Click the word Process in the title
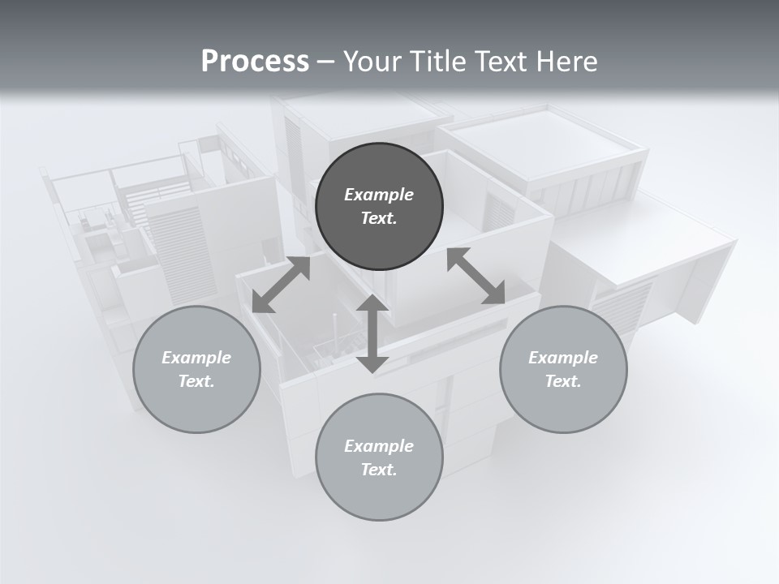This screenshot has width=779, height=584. tap(255, 62)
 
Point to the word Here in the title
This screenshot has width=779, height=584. tap(567, 62)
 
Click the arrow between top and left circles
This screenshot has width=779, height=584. tap(282, 284)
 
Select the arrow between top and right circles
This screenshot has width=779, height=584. tap(476, 276)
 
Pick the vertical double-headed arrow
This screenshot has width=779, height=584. tap(372, 333)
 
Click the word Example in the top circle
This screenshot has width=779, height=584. tap(379, 195)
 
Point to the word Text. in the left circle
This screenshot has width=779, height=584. tap(196, 381)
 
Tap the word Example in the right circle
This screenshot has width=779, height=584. tap(563, 358)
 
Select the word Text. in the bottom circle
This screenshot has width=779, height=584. tap(379, 470)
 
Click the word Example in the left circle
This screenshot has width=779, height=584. tap(196, 358)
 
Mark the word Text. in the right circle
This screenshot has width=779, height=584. tap(563, 381)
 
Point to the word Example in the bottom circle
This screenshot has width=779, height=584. tap(379, 446)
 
